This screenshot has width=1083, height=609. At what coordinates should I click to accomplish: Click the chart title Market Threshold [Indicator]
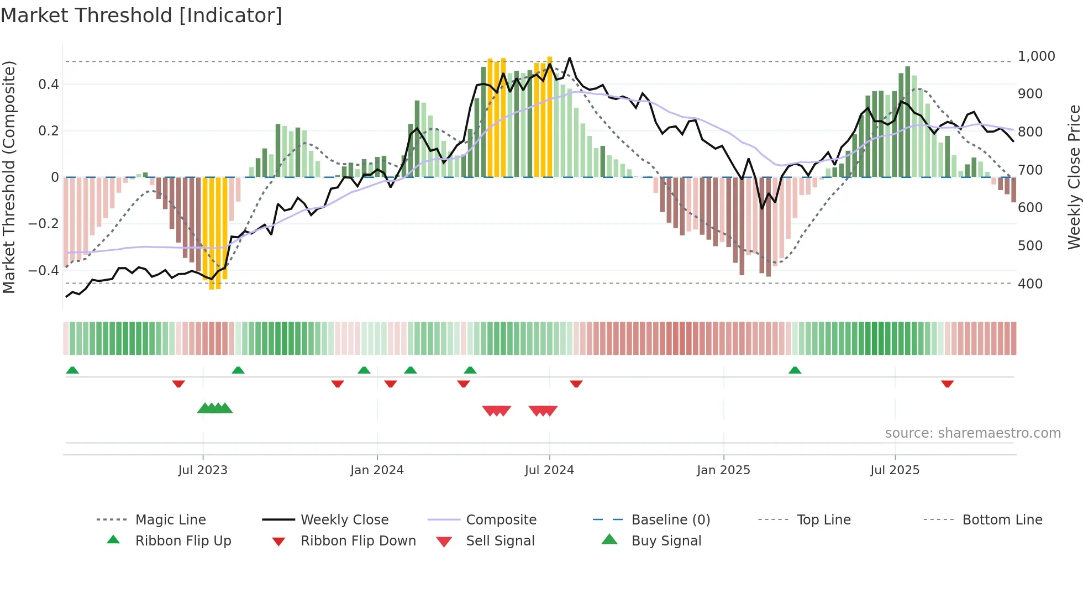point(141,15)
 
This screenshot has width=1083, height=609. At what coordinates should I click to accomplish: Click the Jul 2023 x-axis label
point(203,470)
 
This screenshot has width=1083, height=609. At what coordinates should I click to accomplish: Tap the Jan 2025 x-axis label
point(723,470)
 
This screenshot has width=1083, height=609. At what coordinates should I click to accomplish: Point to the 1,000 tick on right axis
point(1036,56)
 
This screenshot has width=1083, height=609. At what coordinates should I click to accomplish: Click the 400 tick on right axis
point(1030,283)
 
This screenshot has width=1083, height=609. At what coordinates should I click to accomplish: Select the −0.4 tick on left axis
point(44,270)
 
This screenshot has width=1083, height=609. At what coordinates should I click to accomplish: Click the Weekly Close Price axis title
point(1074,177)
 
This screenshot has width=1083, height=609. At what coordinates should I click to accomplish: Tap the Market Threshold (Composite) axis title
point(9,177)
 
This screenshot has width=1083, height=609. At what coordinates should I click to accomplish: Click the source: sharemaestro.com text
point(972,433)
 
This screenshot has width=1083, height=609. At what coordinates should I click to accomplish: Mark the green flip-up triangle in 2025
point(795,370)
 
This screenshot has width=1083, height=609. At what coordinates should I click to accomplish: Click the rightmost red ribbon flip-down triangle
point(947,384)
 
